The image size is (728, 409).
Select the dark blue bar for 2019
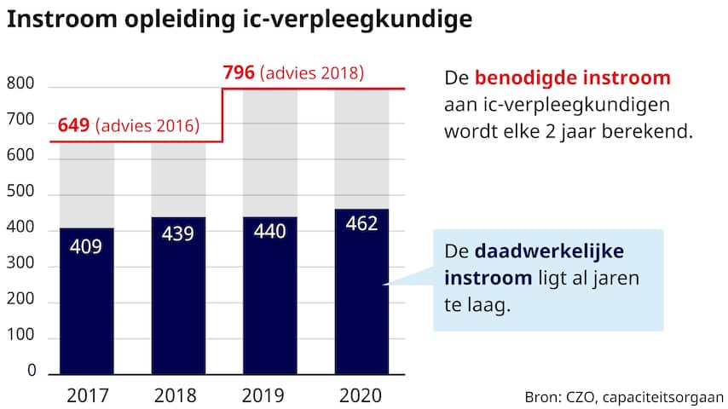[x=269, y=307]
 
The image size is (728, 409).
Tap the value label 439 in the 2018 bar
[x=177, y=234]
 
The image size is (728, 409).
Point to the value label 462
[x=361, y=224]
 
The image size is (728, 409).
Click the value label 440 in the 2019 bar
[x=269, y=233]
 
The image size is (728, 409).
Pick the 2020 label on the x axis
[x=361, y=395]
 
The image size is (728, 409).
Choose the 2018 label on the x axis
[x=177, y=395]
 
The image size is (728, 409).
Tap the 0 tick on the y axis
[x=32, y=372]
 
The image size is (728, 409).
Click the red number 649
[x=74, y=127]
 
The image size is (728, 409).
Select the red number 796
[x=239, y=72]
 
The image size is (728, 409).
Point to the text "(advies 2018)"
[x=312, y=73]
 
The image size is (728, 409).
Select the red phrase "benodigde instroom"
[x=573, y=78]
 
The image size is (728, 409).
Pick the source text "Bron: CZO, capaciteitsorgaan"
[x=624, y=397]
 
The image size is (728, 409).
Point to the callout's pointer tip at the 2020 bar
[x=385, y=285]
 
